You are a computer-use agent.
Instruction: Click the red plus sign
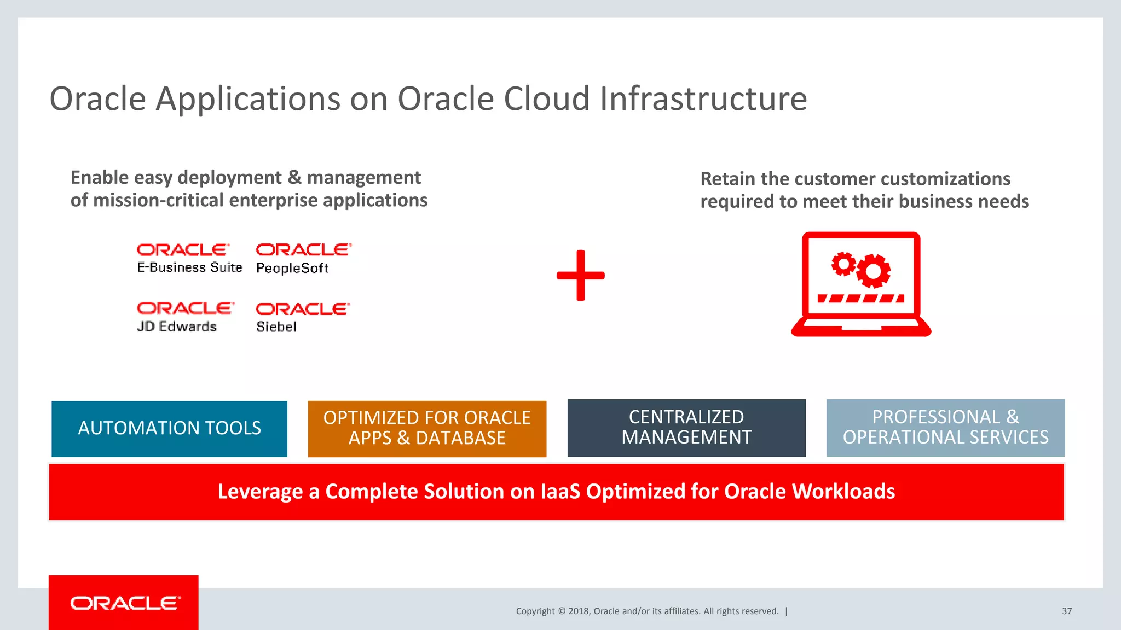click(581, 275)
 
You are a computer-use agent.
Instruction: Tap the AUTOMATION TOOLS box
click(169, 429)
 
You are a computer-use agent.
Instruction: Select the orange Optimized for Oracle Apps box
click(427, 429)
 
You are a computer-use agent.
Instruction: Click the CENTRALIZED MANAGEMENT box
click(686, 428)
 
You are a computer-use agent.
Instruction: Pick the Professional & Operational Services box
click(945, 428)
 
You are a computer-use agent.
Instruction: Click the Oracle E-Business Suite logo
click(189, 258)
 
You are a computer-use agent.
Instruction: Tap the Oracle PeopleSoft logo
click(303, 258)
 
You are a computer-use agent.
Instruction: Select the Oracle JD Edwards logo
click(185, 317)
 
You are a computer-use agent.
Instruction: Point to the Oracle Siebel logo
click(302, 317)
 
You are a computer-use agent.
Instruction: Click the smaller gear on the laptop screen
click(843, 264)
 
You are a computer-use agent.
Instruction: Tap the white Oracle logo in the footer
click(125, 603)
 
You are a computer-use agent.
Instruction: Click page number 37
click(1067, 611)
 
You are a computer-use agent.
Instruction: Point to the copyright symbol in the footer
click(561, 611)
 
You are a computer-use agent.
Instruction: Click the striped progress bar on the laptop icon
click(860, 299)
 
